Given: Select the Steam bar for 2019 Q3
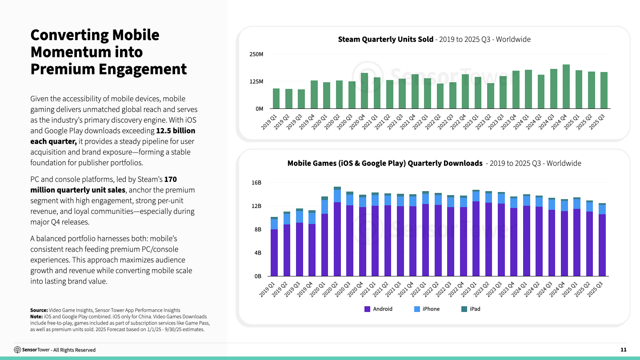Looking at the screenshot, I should [x=301, y=99].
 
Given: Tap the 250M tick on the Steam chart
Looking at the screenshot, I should [x=256, y=54].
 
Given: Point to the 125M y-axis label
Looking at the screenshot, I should [x=256, y=82].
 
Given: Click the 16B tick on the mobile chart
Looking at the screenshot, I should [x=256, y=183].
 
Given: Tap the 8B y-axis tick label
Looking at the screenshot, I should [x=258, y=229].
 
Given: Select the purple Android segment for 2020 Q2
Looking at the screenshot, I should [x=337, y=239].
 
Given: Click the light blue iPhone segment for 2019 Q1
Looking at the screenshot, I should [x=274, y=224].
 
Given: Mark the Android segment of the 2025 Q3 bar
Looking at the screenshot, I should [x=602, y=245].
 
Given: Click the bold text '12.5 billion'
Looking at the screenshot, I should [x=176, y=131].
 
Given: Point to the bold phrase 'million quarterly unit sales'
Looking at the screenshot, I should [x=78, y=190].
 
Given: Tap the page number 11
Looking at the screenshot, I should [x=624, y=350].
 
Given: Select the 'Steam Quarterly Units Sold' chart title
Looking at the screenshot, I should [x=385, y=39].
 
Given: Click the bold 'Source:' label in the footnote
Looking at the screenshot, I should [x=39, y=310].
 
